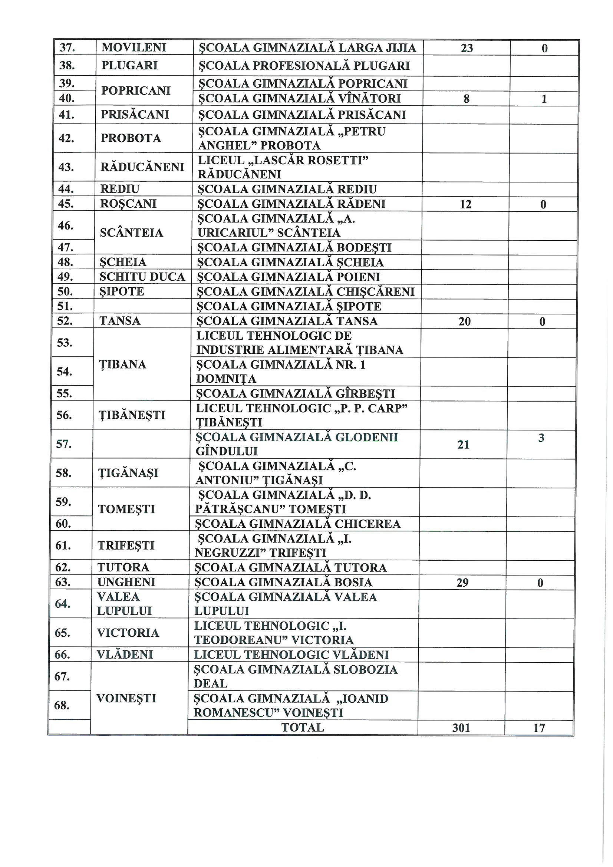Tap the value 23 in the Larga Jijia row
[x=467, y=48]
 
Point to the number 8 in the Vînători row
[x=467, y=99]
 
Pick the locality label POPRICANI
[x=136, y=91]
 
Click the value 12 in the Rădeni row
[x=466, y=204]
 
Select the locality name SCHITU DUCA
[x=142, y=277]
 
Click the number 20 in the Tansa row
[x=465, y=322]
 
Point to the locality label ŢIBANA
[x=122, y=365]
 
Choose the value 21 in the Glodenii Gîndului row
[x=464, y=445]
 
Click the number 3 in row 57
[x=541, y=438]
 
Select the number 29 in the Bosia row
[x=462, y=583]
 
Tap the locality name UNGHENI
[x=126, y=582]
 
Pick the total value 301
[x=461, y=728]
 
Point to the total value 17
[x=539, y=728]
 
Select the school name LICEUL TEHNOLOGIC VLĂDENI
[x=291, y=655]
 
